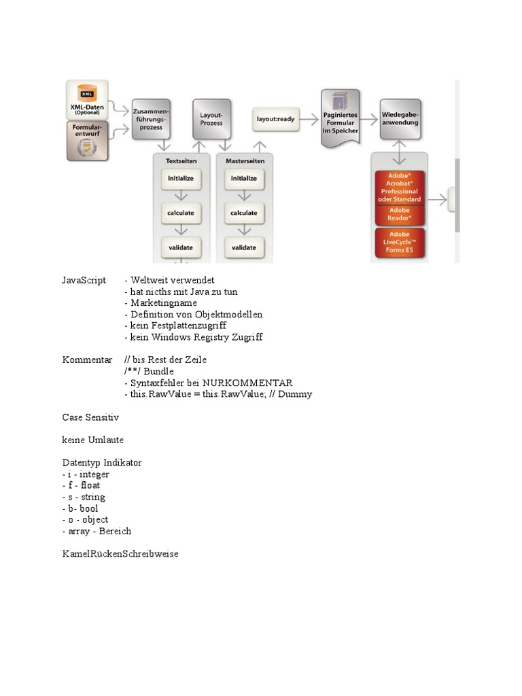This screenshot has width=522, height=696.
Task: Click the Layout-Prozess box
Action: [x=211, y=118]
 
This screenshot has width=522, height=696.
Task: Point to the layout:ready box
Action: [x=275, y=119]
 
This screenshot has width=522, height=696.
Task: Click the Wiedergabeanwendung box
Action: [x=400, y=119]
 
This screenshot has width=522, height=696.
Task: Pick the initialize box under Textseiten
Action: [x=181, y=179]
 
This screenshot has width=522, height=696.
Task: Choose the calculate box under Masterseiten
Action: [x=243, y=213]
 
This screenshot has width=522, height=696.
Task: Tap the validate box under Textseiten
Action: [x=181, y=247]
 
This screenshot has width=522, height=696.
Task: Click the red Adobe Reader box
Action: [x=400, y=215]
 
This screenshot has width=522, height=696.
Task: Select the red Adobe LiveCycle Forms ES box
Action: [x=400, y=243]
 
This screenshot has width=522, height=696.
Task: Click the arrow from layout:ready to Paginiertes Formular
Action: [x=309, y=119]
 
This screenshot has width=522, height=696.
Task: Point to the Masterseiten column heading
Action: [x=243, y=160]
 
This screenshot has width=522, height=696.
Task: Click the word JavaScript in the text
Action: [x=84, y=280]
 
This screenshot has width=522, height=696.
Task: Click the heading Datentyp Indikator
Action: [x=102, y=463]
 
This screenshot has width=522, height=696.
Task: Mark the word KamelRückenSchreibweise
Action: [x=120, y=554]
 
